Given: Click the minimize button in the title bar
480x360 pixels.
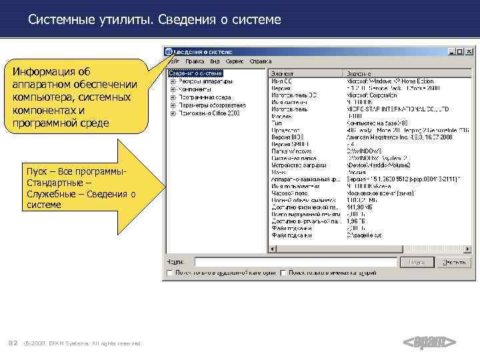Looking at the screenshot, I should pos(451,51).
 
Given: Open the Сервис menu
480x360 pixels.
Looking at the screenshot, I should pos(233,61).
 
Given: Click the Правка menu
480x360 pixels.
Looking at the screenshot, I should pos(195,61).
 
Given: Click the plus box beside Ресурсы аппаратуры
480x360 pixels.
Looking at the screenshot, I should pos(173,81).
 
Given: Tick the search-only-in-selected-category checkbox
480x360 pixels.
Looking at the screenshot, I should pos(170,273).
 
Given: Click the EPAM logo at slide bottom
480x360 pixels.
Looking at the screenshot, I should pos(430,343).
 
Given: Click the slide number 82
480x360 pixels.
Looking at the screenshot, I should pos(12,343).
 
